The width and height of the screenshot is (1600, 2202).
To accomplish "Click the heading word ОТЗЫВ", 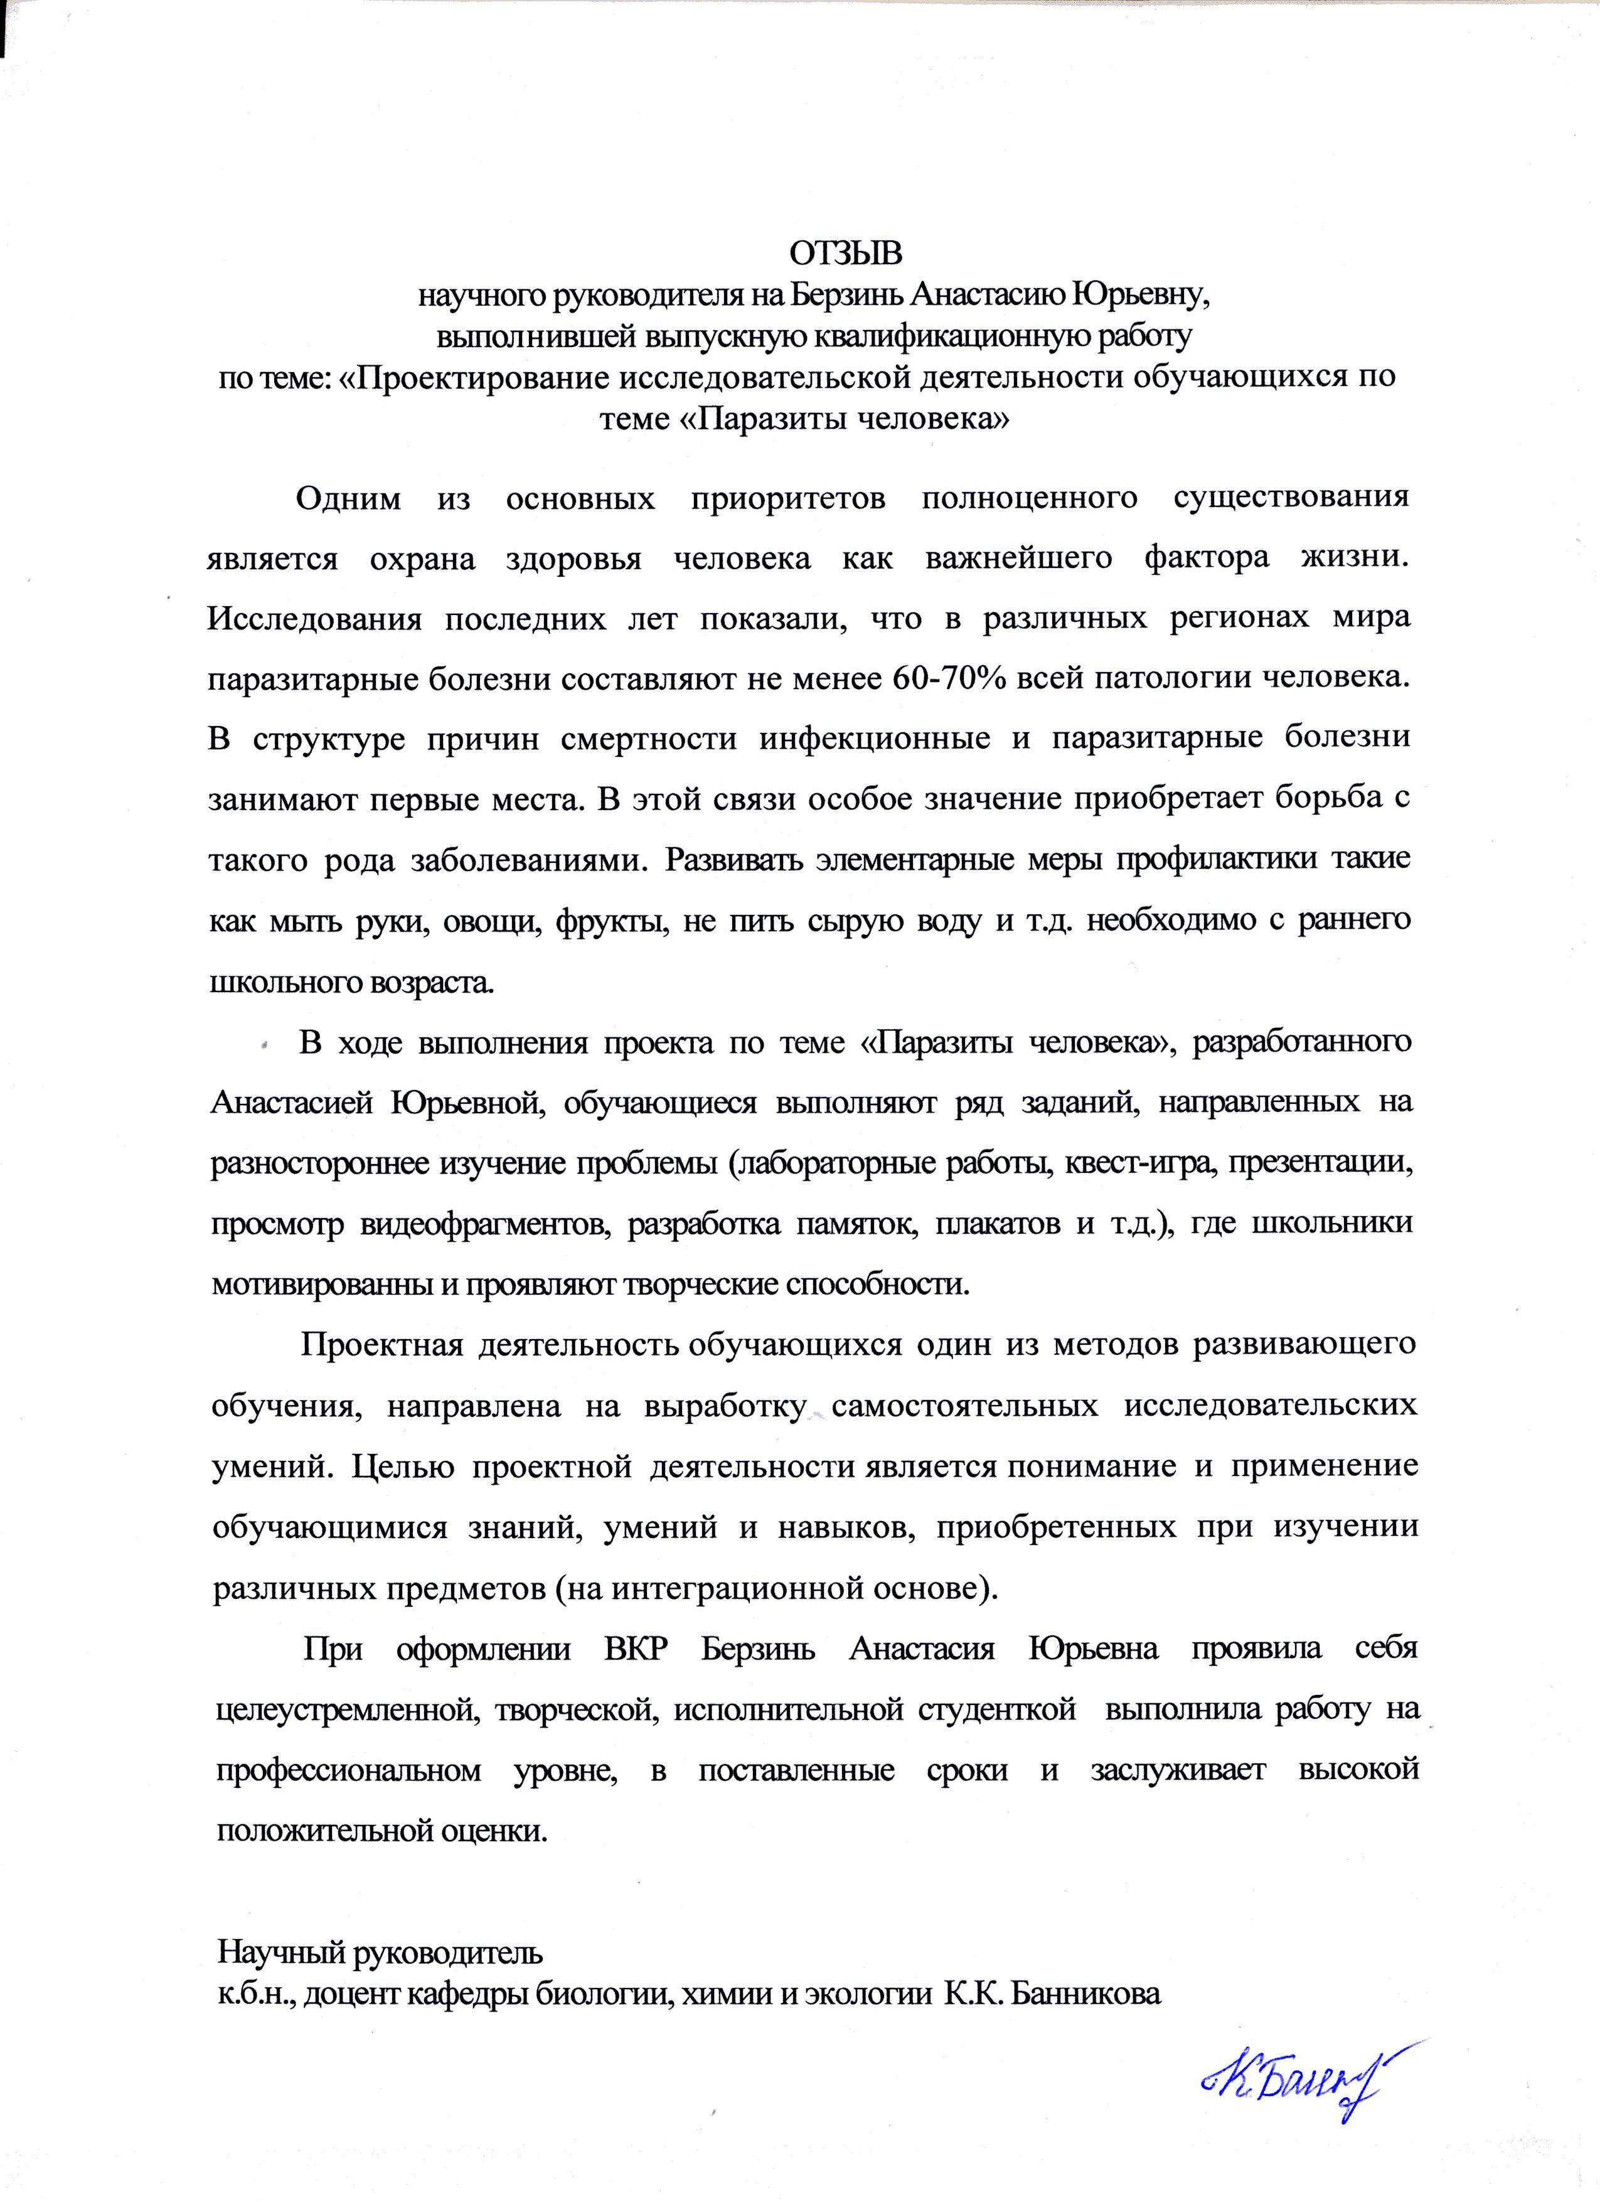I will tap(845, 254).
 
